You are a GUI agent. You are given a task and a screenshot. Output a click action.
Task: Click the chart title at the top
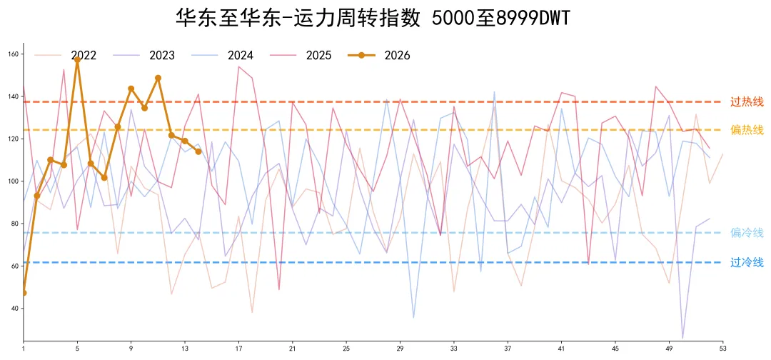point(373,18)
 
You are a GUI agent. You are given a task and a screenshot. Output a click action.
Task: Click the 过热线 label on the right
point(747,102)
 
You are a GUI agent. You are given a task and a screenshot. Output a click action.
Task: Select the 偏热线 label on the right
point(747,130)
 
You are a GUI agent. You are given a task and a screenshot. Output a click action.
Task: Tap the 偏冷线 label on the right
point(747,233)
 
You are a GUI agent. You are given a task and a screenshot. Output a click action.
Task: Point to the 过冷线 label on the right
point(747,262)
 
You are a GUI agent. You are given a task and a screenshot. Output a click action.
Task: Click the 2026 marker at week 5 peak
point(77,60)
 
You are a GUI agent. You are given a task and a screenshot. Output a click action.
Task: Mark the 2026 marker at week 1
point(24,293)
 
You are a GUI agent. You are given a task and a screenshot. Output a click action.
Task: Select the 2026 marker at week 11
point(158,78)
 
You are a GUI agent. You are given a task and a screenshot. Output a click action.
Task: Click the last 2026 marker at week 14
point(198,151)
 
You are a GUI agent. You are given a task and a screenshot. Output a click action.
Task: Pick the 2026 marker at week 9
point(131,89)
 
